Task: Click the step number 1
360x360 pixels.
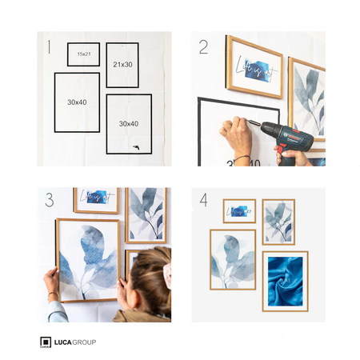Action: tap(49, 47)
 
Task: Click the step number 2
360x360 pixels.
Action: tap(203, 47)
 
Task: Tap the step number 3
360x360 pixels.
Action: tap(50, 200)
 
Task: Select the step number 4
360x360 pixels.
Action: tap(203, 200)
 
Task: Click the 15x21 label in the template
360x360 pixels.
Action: tap(83, 54)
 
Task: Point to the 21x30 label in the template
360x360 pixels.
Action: tap(122, 64)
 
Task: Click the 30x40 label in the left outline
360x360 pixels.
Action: tap(77, 102)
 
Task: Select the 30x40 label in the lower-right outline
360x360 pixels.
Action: tap(128, 124)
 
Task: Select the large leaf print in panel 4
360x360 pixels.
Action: tap(233, 259)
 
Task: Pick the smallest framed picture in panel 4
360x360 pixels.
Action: tap(239, 211)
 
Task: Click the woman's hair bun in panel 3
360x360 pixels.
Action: tap(166, 275)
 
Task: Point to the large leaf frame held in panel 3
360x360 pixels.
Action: tap(88, 259)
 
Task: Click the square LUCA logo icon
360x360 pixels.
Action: tap(46, 342)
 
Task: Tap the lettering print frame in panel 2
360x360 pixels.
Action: tap(254, 67)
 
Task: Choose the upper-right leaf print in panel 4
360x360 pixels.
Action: tap(278, 222)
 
